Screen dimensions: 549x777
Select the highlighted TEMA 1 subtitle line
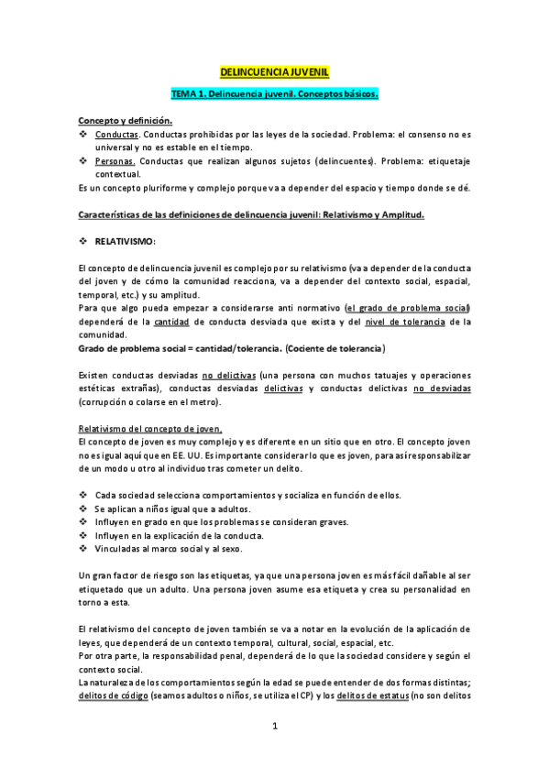coord(274,94)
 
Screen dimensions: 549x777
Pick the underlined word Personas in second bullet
coord(115,159)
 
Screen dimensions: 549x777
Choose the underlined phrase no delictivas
coord(225,376)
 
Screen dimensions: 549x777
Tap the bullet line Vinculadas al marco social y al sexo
coord(169,548)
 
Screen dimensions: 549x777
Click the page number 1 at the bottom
coord(274,727)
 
